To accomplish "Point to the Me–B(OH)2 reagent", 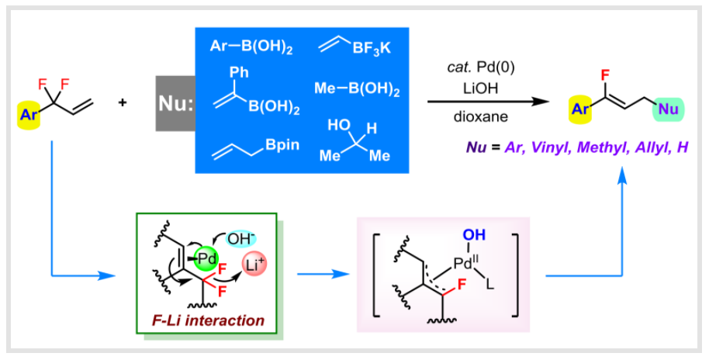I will click(x=357, y=90).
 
